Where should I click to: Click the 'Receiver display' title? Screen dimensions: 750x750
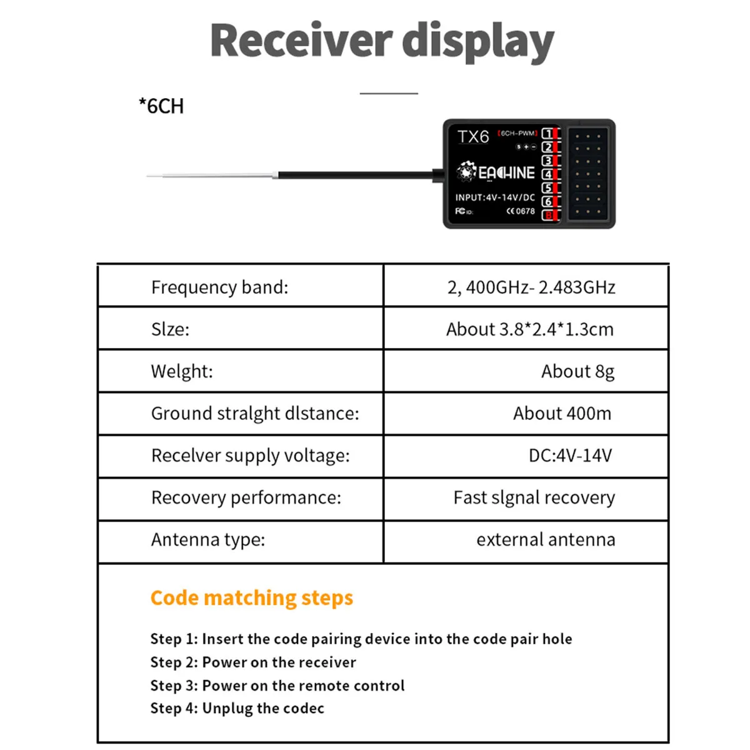[x=382, y=41]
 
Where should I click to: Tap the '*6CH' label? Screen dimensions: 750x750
[x=161, y=106]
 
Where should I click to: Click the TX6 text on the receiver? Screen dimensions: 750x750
[x=472, y=137]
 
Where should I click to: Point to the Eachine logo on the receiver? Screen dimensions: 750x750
[x=496, y=172]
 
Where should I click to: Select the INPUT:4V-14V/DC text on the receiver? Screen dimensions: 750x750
[x=495, y=197]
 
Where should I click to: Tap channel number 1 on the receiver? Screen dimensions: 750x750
[x=547, y=134]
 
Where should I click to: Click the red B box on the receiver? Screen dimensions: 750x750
[x=548, y=216]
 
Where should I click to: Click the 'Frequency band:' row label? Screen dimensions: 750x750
[x=219, y=287]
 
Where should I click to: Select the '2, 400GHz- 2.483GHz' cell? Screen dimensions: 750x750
[x=531, y=287]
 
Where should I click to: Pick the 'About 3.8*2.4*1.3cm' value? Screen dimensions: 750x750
[x=529, y=329]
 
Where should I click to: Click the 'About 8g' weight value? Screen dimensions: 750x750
[x=577, y=371]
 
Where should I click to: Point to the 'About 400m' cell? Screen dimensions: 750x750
[x=562, y=413]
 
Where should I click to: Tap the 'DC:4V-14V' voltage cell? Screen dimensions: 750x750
[x=570, y=456]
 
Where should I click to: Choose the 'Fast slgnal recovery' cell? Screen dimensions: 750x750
[x=534, y=497]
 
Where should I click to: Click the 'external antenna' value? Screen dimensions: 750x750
[x=546, y=539]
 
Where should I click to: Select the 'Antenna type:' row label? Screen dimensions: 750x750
[x=208, y=539]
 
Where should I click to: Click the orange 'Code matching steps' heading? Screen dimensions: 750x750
[x=251, y=598]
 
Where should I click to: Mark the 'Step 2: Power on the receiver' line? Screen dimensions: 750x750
[x=253, y=662]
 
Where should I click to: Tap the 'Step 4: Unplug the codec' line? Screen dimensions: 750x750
[x=237, y=709]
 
